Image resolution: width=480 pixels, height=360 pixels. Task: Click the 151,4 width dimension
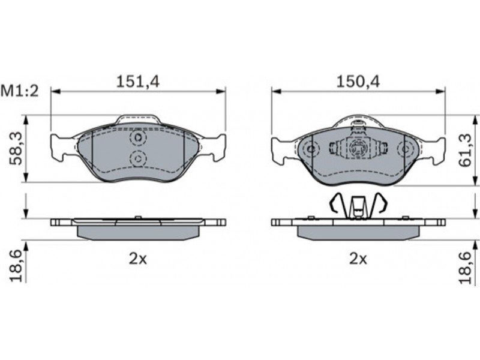[x=138, y=82]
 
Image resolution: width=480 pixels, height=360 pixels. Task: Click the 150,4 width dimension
[x=358, y=82]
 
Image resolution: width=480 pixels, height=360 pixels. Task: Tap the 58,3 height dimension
[x=16, y=148]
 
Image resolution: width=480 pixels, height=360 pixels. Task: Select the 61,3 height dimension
[x=466, y=151]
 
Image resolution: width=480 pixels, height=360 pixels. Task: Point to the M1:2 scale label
[x=20, y=91]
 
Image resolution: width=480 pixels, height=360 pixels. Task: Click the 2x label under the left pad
[x=138, y=259]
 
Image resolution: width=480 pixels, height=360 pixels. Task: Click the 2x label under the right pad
[x=358, y=259]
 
